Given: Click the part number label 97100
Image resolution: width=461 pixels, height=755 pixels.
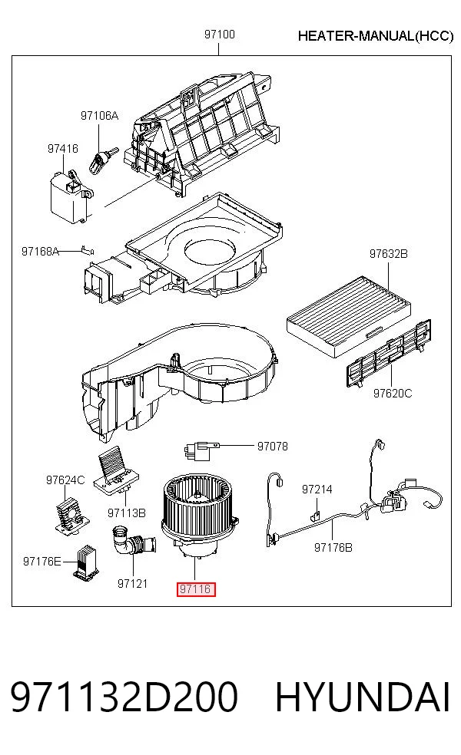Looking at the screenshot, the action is [x=220, y=35].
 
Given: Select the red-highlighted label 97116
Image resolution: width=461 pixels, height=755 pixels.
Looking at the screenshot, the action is [x=196, y=589].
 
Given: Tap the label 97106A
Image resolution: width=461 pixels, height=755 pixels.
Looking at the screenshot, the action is [x=99, y=116].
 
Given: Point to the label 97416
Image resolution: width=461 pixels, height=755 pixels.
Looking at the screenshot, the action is [x=63, y=149].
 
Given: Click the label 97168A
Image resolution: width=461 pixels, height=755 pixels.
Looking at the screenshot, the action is [x=40, y=251].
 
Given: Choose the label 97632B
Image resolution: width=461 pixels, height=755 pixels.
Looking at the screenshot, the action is [x=388, y=253].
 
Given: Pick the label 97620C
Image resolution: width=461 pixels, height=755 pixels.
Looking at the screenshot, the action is [x=393, y=394].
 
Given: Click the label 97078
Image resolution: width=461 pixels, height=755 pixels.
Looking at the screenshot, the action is [x=273, y=447].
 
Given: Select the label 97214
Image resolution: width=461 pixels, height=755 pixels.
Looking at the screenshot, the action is [x=317, y=490].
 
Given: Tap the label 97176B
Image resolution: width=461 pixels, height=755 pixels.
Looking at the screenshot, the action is [x=333, y=548].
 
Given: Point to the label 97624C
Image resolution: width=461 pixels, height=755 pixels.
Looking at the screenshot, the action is [x=65, y=480].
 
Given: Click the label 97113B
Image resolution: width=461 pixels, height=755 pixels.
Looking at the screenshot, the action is [x=126, y=513].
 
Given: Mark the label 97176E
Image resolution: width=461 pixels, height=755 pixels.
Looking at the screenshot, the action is [x=42, y=562].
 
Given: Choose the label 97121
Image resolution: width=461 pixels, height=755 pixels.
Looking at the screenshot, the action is [x=132, y=584].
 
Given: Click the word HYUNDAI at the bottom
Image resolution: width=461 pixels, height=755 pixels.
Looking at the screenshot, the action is [x=363, y=697].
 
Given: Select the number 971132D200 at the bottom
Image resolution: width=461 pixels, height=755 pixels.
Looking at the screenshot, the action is [x=124, y=697].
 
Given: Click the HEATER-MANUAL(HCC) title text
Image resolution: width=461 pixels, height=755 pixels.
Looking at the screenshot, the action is [x=376, y=36].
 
